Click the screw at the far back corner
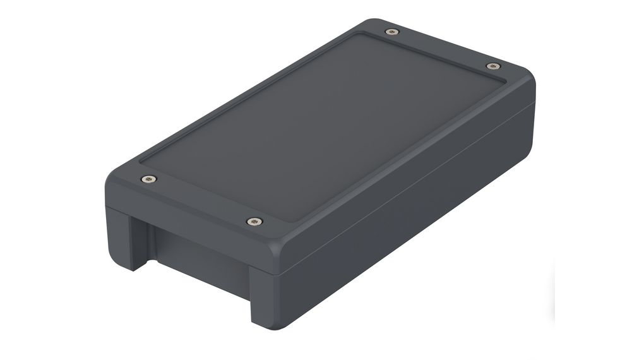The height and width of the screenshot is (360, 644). pyautogui.click(x=391, y=31)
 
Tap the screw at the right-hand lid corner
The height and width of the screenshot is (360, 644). pyautogui.click(x=492, y=66)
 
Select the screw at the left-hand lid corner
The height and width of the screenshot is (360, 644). pyautogui.click(x=148, y=179)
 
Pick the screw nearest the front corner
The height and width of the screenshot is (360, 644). pyautogui.click(x=254, y=222)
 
